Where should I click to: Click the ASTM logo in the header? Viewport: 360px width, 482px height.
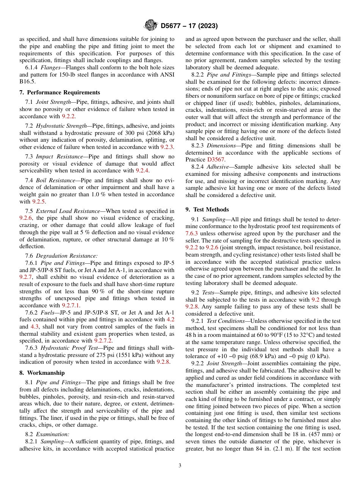coord(150,26)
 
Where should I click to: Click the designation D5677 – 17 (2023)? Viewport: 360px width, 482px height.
coord(189,26)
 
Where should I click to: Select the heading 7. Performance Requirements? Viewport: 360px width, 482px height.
coord(59,92)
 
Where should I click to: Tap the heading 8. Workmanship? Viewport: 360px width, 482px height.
coord(42,373)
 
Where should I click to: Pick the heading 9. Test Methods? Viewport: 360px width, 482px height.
coord(207,210)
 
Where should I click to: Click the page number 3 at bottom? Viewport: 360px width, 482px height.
coord(180,465)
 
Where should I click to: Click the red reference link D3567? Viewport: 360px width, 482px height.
coord(216,160)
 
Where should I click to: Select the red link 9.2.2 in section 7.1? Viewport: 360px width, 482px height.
coord(68,116)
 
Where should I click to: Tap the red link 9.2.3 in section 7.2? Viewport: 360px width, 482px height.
coord(167,147)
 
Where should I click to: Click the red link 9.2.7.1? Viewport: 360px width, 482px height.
coord(71,305)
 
